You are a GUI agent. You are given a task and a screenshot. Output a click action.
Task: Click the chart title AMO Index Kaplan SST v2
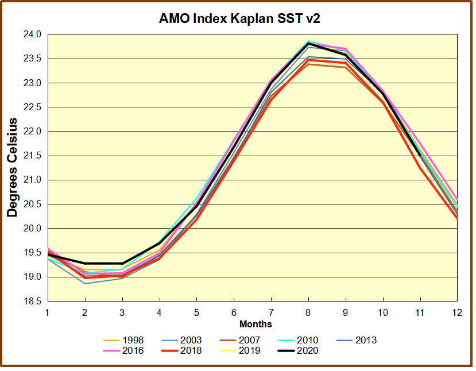[239, 18]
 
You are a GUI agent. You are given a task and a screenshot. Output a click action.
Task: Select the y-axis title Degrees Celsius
[12, 167]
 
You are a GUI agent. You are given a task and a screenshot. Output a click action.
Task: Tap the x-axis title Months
[256, 325]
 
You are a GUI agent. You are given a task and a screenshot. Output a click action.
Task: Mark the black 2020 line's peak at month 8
[308, 43]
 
